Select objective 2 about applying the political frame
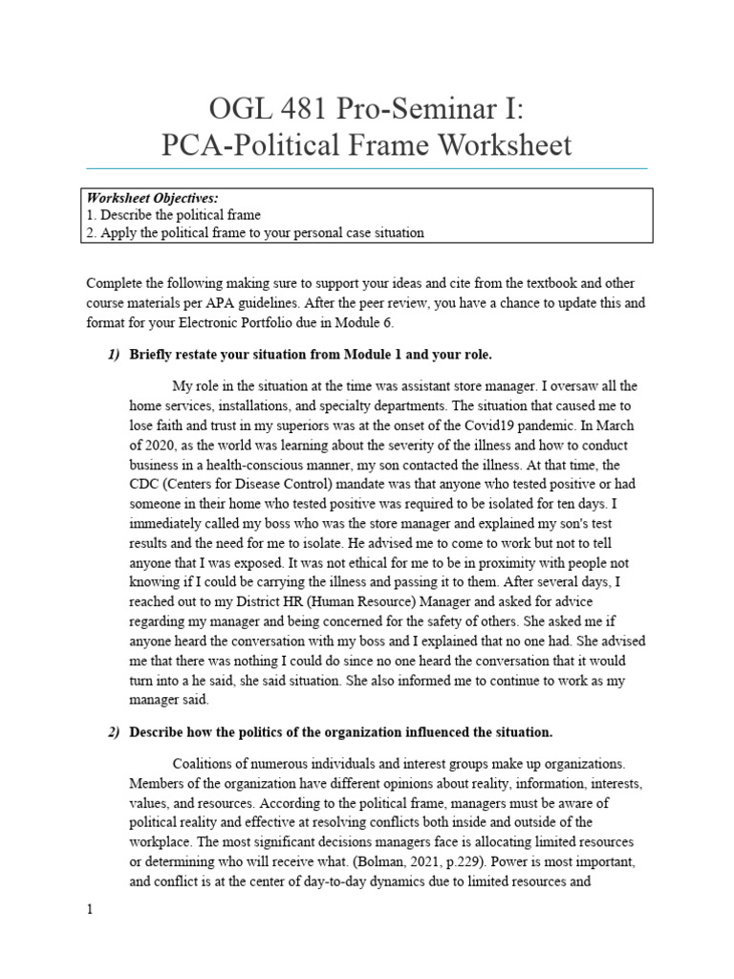click(x=255, y=232)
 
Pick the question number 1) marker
click(x=114, y=355)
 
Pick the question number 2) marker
click(x=114, y=732)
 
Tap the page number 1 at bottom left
click(x=90, y=910)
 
